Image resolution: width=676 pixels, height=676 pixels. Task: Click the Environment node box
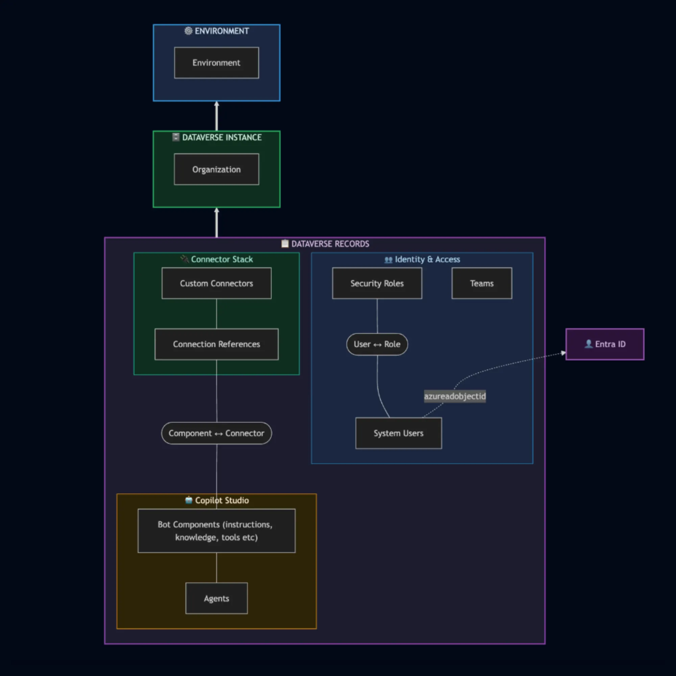[x=217, y=63]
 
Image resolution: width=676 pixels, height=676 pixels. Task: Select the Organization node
[x=217, y=169]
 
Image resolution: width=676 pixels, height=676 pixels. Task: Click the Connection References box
[x=217, y=344]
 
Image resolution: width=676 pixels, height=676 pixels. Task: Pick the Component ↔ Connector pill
[x=217, y=433]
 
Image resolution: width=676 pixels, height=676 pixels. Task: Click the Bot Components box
[x=217, y=531]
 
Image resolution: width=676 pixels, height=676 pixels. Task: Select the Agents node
[x=217, y=598]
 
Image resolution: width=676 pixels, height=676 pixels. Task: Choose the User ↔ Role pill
[x=377, y=344]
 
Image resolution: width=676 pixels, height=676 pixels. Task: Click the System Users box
[x=399, y=433]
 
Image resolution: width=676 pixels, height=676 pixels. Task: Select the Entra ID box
[x=605, y=344]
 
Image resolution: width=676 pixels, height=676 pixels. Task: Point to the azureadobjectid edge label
[x=455, y=396]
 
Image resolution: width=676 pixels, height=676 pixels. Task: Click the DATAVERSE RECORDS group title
[x=330, y=244]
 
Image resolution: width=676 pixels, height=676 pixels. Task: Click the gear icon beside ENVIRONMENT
[x=188, y=31]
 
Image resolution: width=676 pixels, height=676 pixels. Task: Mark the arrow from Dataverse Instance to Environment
[x=217, y=116]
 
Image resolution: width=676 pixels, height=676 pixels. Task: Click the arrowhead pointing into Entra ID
[x=563, y=353]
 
